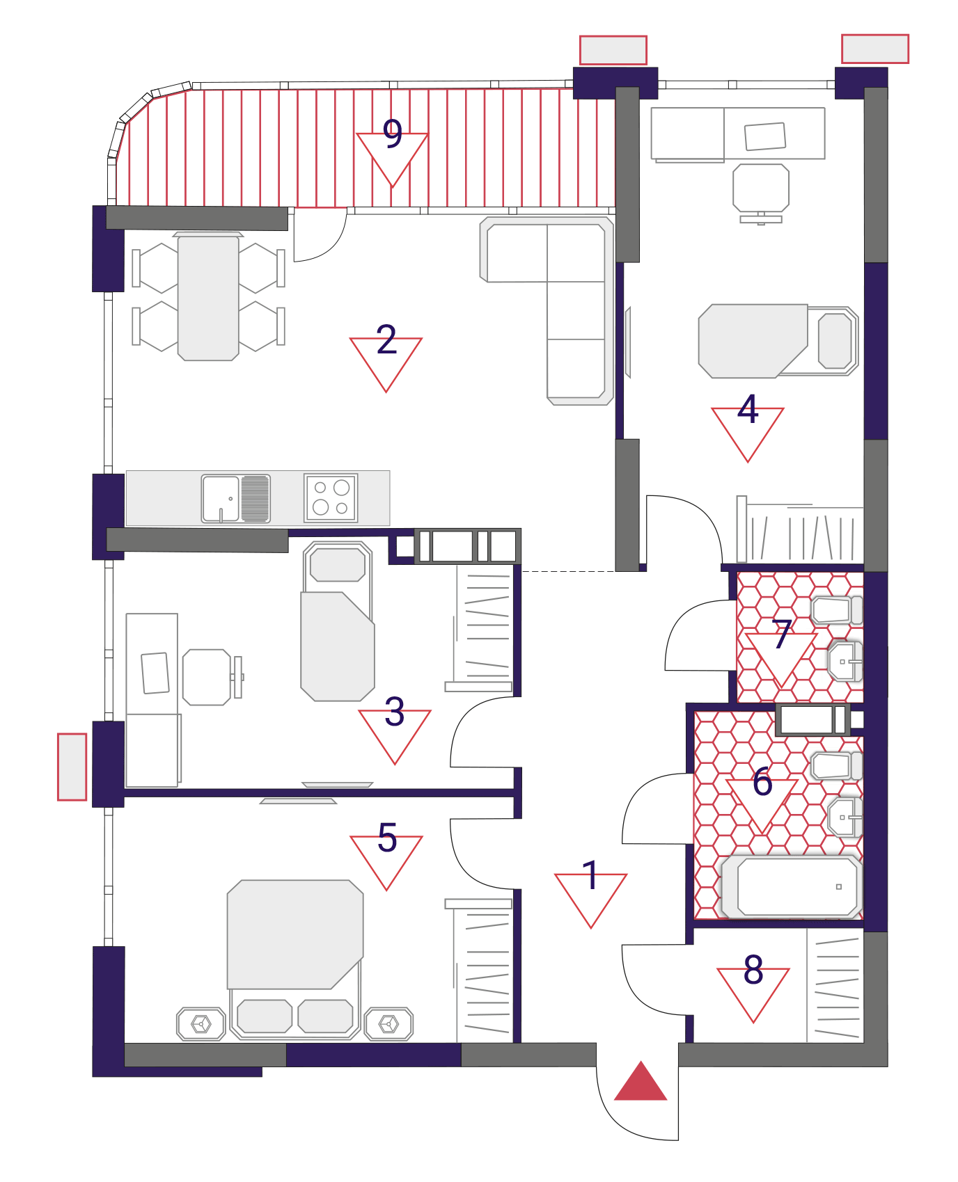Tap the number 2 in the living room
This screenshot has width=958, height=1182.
[x=386, y=340]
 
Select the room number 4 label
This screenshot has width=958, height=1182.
[x=748, y=409]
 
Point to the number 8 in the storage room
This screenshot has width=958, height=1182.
[x=753, y=969]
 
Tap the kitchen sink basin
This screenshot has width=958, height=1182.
[x=221, y=498]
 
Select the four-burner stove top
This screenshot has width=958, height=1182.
[x=331, y=497]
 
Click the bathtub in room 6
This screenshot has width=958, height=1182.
[x=792, y=886]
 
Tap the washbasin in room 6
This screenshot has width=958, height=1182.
[x=845, y=817]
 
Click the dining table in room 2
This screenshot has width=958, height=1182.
[x=208, y=298]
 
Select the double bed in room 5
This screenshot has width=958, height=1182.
[x=295, y=959]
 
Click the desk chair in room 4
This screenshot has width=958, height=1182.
[x=761, y=190]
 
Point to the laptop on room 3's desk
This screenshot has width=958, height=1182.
[x=155, y=673]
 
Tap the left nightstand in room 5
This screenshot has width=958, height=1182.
[x=201, y=1024]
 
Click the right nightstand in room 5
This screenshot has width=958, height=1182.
[x=388, y=1024]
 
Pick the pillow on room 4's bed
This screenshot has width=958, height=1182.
[x=835, y=341]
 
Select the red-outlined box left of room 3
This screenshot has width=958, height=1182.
[x=72, y=767]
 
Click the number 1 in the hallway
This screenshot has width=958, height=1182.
[x=590, y=875]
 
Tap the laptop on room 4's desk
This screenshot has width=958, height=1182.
[x=765, y=136]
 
